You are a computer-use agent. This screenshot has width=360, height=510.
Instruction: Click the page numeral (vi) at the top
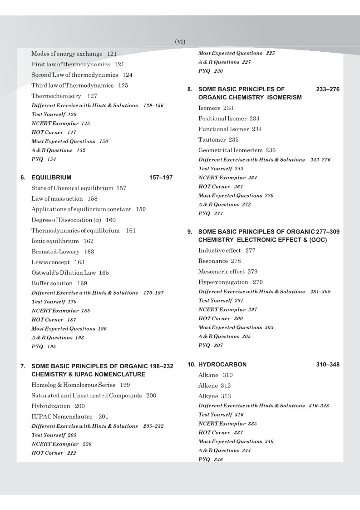click(180, 41)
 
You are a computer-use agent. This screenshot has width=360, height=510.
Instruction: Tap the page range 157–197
click(161, 177)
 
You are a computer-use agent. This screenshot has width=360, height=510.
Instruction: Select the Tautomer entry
click(212, 139)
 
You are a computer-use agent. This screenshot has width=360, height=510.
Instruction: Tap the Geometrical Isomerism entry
click(231, 150)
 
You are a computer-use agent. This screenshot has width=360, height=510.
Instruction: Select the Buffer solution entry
click(52, 283)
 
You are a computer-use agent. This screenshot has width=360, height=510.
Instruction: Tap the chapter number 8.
click(190, 90)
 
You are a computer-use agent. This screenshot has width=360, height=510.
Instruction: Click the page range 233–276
click(328, 90)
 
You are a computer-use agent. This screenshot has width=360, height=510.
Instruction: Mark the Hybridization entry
click(51, 406)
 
